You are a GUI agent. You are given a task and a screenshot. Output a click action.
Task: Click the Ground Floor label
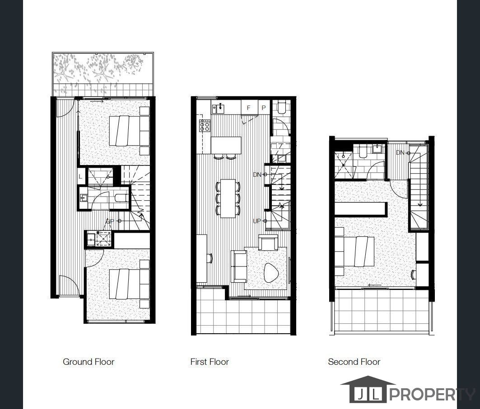(89, 362)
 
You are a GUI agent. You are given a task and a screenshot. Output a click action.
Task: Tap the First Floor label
(210, 362)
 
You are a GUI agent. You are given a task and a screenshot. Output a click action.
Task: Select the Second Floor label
(354, 362)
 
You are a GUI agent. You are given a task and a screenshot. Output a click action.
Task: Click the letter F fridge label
(248, 108)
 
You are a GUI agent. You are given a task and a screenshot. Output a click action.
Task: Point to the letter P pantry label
(264, 108)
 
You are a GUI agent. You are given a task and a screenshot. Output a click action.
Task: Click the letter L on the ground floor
(81, 177)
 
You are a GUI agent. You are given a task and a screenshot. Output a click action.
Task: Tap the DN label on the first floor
(257, 175)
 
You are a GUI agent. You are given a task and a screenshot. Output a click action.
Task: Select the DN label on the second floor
(400, 153)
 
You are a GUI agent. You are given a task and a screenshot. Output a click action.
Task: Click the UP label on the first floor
(257, 221)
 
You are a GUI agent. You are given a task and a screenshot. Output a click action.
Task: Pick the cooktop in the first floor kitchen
(205, 125)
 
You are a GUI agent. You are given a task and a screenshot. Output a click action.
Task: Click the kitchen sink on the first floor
(220, 108)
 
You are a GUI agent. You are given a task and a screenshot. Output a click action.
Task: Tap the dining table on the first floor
(228, 198)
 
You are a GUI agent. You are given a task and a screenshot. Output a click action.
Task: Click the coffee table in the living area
(271, 272)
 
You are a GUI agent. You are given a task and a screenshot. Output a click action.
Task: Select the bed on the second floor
(359, 251)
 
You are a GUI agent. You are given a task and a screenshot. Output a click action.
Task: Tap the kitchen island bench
(226, 145)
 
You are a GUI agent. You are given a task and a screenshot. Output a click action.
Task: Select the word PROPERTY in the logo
(431, 395)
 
